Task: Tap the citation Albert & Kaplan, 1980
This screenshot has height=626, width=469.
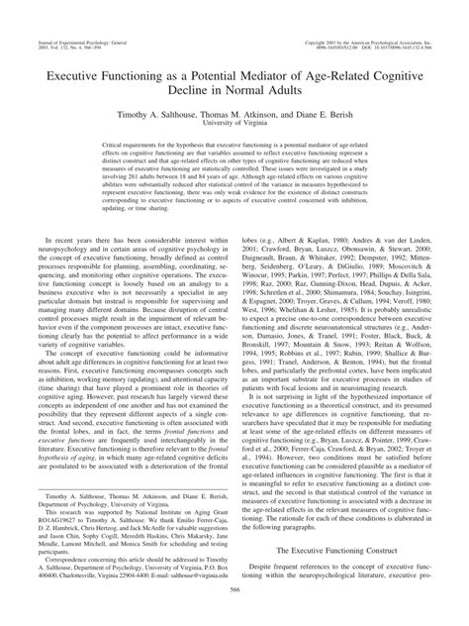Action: pyautogui.click(x=303, y=240)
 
